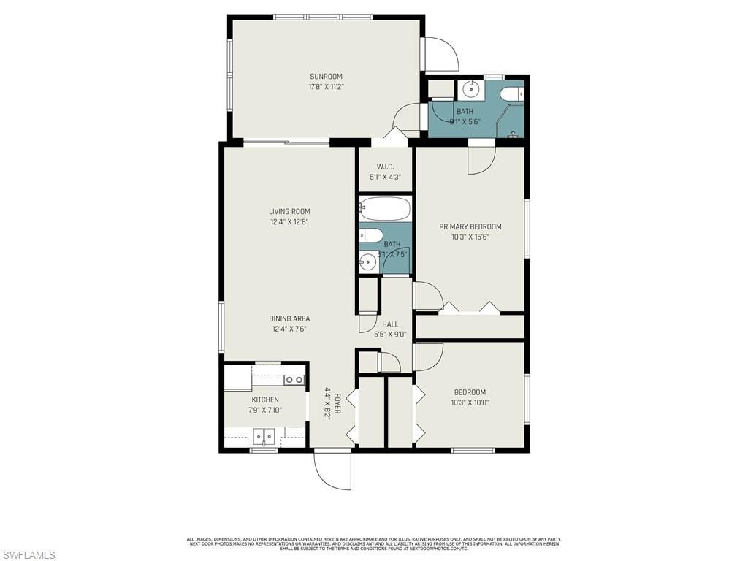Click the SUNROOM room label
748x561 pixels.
click(x=326, y=77)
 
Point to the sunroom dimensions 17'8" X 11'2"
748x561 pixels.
click(x=326, y=87)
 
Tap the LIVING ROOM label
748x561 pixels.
click(x=289, y=212)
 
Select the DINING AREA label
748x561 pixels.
click(x=289, y=318)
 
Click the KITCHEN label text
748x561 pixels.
click(x=265, y=400)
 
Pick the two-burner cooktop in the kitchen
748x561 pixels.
click(x=294, y=380)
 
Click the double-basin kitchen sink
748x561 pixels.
click(x=264, y=438)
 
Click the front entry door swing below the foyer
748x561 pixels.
click(x=332, y=470)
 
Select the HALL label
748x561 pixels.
click(x=390, y=324)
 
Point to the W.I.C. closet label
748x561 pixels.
click(x=385, y=167)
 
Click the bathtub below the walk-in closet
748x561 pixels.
click(x=385, y=208)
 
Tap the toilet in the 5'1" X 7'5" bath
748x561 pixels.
click(x=371, y=235)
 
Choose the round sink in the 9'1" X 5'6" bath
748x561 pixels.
click(x=471, y=91)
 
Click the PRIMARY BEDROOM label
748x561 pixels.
click(x=470, y=226)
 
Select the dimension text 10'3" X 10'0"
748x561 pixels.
click(x=470, y=402)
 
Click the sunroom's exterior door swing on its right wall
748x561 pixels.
click(x=440, y=53)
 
